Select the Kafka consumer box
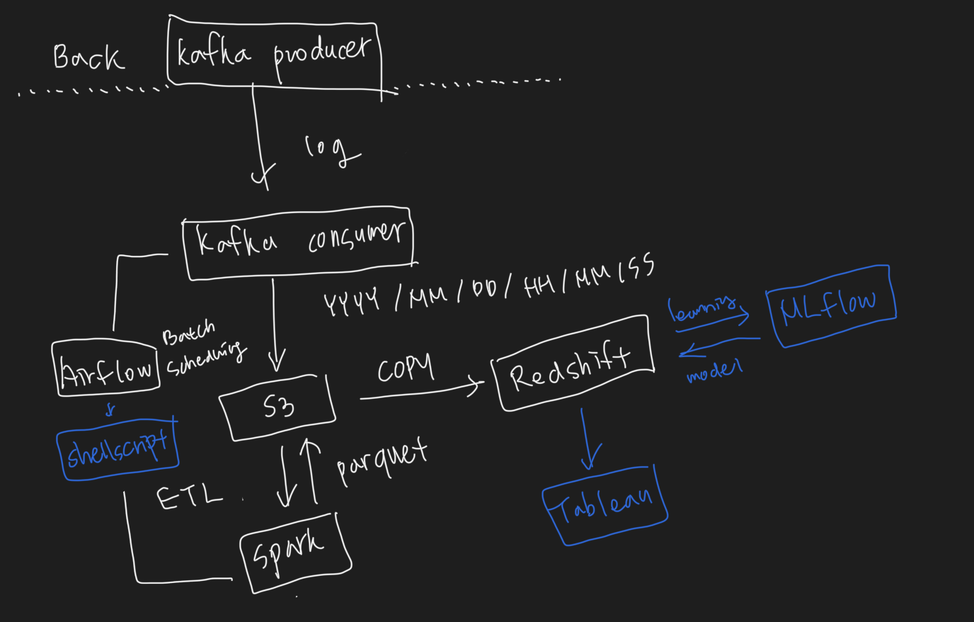tap(298, 241)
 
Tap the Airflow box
tap(106, 369)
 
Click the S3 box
tap(278, 407)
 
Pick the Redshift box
tap(572, 363)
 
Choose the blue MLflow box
tap(830, 305)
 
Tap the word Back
tap(88, 57)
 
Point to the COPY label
tap(405, 368)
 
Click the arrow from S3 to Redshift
tap(421, 392)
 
